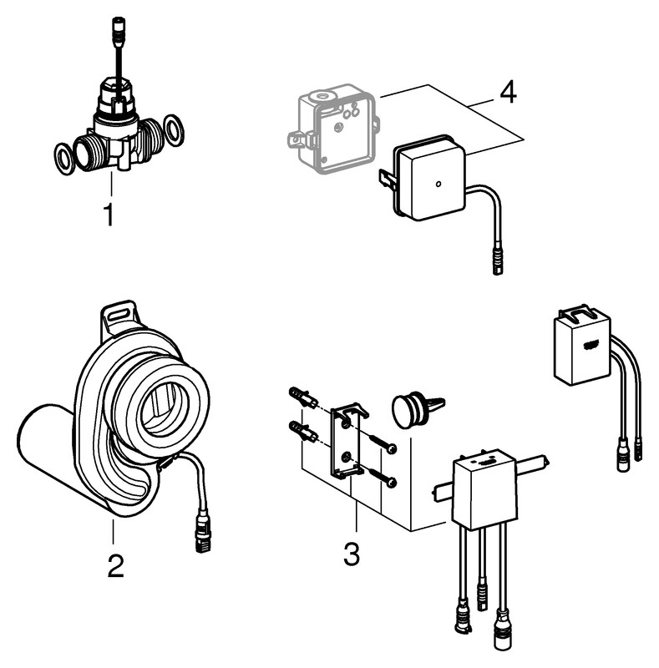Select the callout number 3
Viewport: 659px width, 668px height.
[352, 553]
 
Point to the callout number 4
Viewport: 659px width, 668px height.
[508, 92]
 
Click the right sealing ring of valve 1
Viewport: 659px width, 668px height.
[175, 130]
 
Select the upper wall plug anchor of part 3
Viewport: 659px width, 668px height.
[302, 397]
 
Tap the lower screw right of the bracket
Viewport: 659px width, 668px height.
[385, 476]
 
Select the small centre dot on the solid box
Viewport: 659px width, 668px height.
[438, 182]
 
